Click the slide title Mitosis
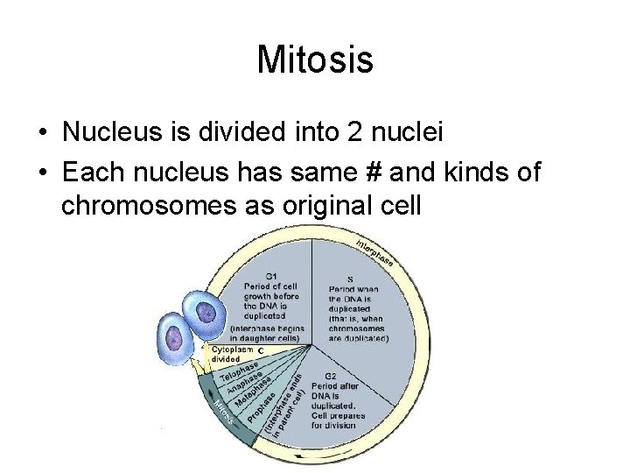pos(315,60)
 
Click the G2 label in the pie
pos(331,374)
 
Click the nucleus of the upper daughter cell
pos(206,313)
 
